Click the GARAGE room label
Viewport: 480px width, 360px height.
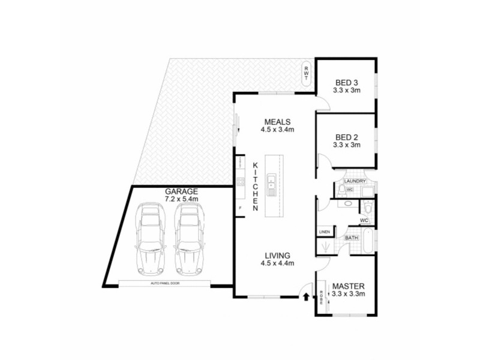click(181, 192)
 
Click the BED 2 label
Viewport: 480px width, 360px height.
click(346, 137)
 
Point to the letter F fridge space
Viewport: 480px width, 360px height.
click(240, 208)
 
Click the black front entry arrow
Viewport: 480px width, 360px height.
click(307, 296)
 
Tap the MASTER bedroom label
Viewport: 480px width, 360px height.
click(349, 286)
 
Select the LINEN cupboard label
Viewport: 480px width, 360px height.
click(324, 231)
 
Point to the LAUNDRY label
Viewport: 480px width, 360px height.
click(355, 180)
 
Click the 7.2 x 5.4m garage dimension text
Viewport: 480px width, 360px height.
click(181, 199)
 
